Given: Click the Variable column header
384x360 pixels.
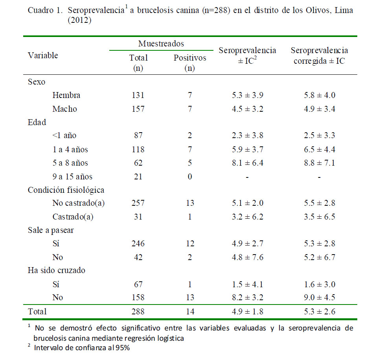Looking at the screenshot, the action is [x=43, y=55].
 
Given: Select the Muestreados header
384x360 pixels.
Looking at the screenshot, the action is [x=161, y=44].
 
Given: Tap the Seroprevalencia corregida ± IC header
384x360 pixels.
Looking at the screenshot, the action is [x=320, y=55].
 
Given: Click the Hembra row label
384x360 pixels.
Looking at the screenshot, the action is [x=66, y=95].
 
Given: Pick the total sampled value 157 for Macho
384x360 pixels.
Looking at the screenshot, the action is [x=138, y=109].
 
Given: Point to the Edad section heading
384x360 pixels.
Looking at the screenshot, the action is [x=37, y=122].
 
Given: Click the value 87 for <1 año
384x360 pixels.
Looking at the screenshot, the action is [x=138, y=135].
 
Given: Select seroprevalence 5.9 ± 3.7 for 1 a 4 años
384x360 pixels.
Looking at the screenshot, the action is [x=248, y=150].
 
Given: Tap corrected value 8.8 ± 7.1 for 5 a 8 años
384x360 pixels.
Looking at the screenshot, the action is [x=320, y=163].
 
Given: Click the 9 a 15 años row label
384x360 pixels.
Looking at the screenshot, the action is [x=72, y=177].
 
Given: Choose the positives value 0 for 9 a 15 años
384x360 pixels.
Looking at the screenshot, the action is [x=190, y=177].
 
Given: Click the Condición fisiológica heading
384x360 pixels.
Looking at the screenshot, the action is [x=66, y=190].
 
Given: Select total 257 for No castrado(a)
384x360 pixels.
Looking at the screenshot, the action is [x=138, y=203].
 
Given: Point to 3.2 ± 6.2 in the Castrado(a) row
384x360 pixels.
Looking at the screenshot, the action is [x=248, y=217].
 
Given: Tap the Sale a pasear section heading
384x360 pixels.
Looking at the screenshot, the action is [x=51, y=230].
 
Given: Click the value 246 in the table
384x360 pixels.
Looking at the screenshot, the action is [x=138, y=244].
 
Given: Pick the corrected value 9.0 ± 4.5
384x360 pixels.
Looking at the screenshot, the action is [x=320, y=297].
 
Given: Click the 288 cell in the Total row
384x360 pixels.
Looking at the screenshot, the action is [x=138, y=312].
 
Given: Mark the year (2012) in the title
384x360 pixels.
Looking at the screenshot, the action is [x=80, y=20].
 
